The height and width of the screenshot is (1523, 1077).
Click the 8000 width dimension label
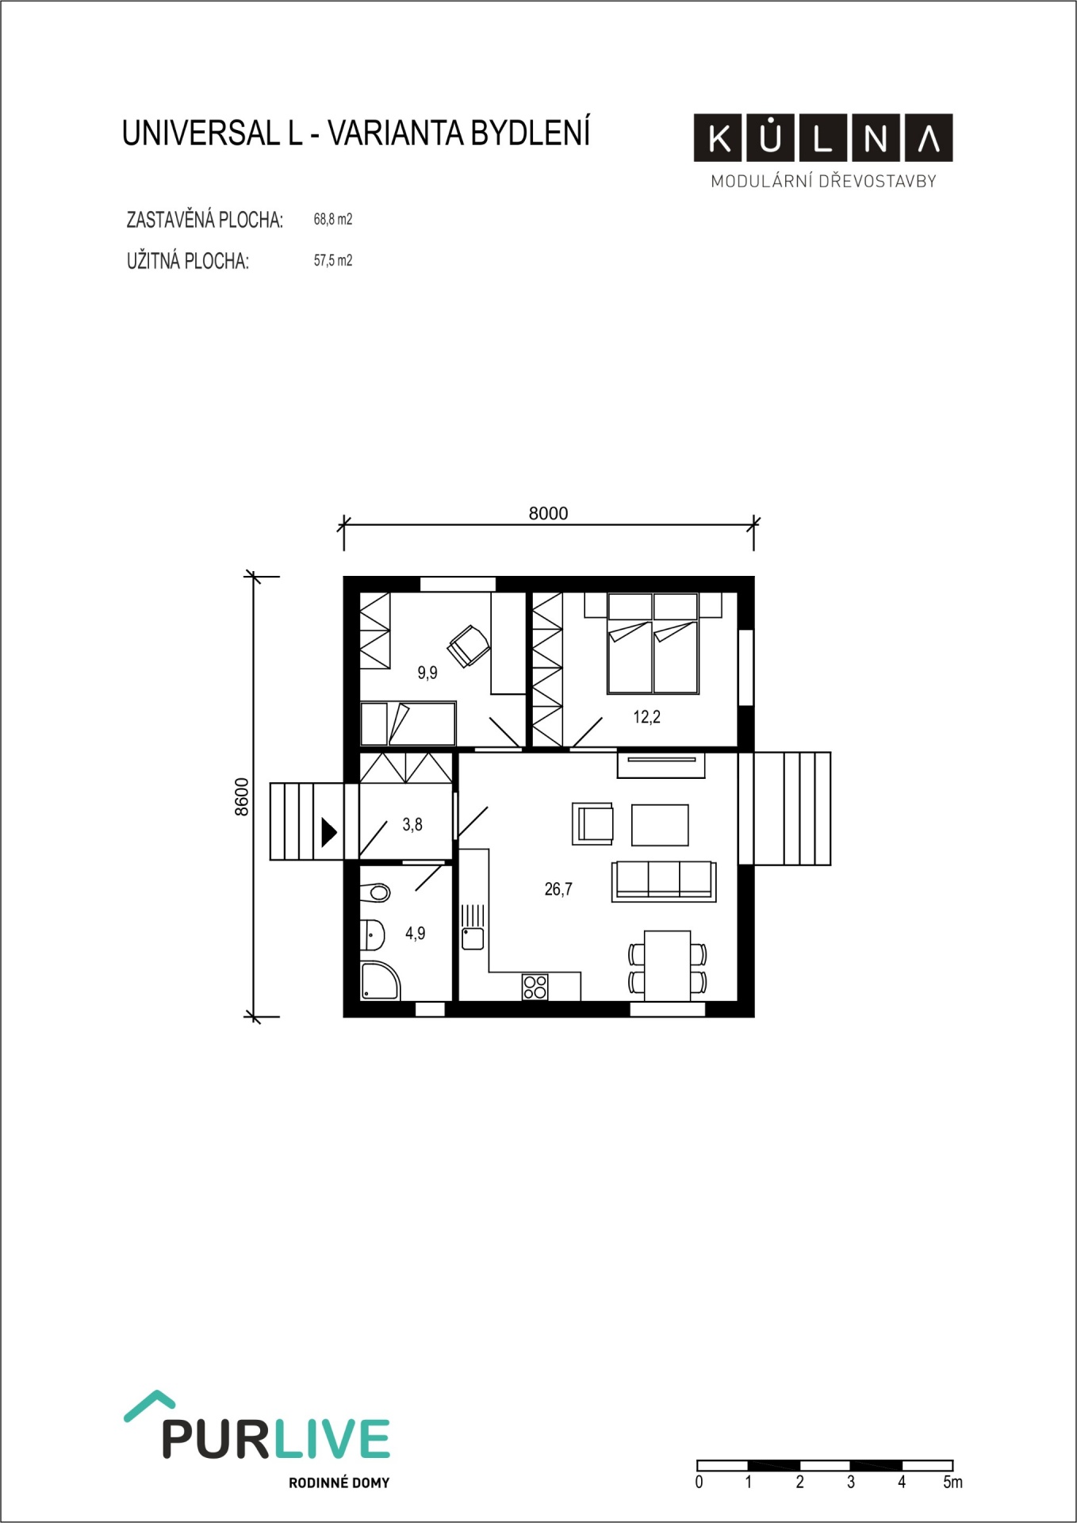pos(548,513)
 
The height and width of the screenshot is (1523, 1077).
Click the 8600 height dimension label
pos(242,796)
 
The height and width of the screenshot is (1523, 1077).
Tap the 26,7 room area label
pos(558,889)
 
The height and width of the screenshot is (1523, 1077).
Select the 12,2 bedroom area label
pos(646,717)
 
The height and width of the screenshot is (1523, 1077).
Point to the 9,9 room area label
pos(427,673)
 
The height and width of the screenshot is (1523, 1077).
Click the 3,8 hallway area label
pos(412,825)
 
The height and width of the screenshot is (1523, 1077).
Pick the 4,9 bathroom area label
pos(416,934)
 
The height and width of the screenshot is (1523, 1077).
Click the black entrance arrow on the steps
pos(328,832)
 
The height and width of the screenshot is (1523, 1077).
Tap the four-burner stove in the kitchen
pos(535,987)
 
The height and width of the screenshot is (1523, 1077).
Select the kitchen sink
pos(473,927)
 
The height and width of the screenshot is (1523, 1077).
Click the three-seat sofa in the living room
pos(664,881)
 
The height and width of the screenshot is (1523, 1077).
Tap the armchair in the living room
pos(592,823)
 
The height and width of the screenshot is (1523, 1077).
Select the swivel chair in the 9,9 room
pos(469,646)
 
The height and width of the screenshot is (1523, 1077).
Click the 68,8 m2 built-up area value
pos(333,219)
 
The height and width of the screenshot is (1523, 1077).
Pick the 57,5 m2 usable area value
pos(333,260)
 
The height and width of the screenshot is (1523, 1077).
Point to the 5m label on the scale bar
pos(952,1482)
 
